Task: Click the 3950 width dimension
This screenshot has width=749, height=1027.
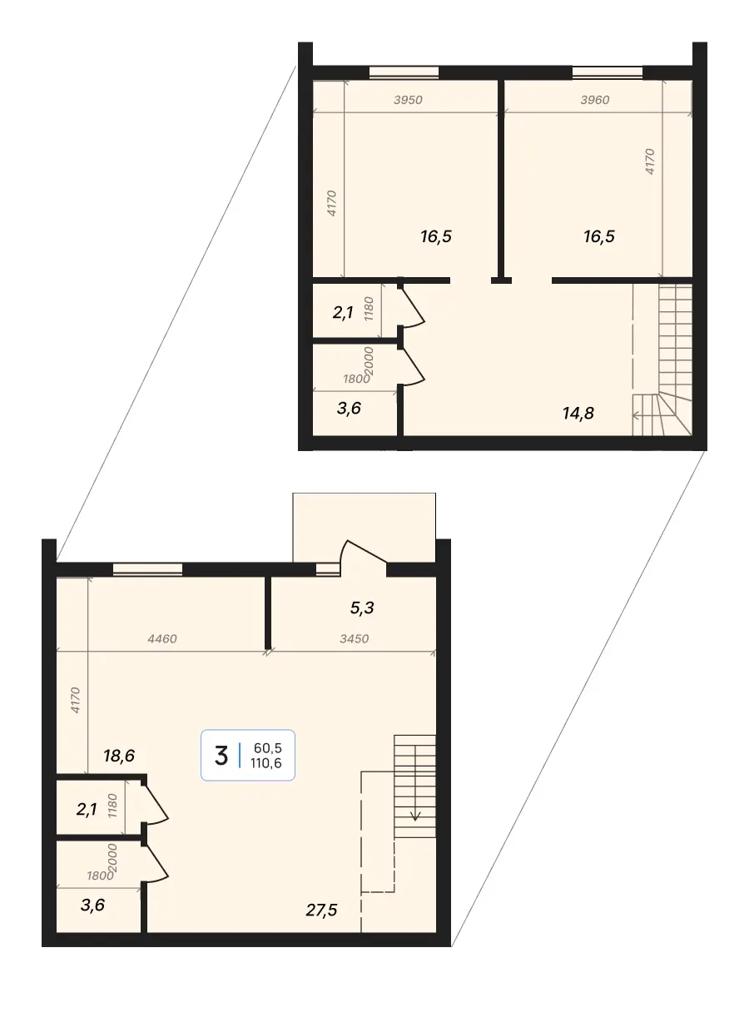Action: point(408,100)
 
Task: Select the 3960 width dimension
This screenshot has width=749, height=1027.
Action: point(594,100)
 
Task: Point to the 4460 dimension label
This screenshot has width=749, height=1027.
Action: point(161,638)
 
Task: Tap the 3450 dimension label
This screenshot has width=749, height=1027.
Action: point(354,638)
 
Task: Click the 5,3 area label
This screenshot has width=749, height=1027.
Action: point(362,608)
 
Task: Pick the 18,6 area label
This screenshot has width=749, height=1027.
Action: point(119,756)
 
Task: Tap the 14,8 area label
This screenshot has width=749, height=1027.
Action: point(578,414)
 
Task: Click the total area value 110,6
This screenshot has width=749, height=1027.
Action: point(266,763)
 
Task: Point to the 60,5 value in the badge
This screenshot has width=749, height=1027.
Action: point(268,748)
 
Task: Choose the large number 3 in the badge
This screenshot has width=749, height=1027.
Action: point(221,756)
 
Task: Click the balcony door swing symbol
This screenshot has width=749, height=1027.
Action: point(363,555)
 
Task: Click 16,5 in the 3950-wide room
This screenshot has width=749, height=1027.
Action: point(436,236)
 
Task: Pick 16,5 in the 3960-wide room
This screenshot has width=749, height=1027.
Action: point(599,236)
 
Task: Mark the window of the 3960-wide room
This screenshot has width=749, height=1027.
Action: point(608,72)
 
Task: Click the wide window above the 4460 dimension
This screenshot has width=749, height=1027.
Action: point(147,569)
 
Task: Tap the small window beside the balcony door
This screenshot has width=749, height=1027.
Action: point(327,569)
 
